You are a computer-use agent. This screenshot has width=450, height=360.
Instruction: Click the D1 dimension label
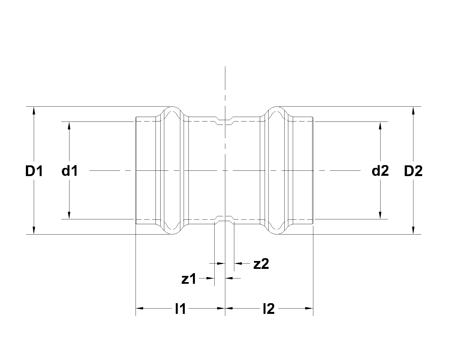pyautogui.click(x=34, y=171)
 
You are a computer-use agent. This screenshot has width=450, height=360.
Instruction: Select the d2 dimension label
pyautogui.click(x=380, y=171)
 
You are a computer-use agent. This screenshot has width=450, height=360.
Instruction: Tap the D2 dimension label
pyautogui.click(x=413, y=171)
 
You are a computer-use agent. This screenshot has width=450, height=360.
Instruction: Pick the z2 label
pyautogui.click(x=261, y=264)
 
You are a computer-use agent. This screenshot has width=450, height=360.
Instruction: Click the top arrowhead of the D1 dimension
pyautogui.click(x=34, y=110)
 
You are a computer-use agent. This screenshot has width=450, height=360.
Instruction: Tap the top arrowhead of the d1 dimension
pyautogui.click(x=69, y=125)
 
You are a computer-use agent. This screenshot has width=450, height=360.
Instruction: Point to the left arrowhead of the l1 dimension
pyautogui.click(x=140, y=308)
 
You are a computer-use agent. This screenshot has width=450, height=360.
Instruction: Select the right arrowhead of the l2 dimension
pyautogui.click(x=309, y=308)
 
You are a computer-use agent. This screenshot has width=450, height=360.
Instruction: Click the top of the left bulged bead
pyautogui.click(x=172, y=107)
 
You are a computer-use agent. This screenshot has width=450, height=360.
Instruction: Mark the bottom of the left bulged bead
pyautogui.click(x=172, y=234)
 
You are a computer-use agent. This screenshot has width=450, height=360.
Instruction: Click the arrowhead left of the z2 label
pyautogui.click(x=238, y=264)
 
